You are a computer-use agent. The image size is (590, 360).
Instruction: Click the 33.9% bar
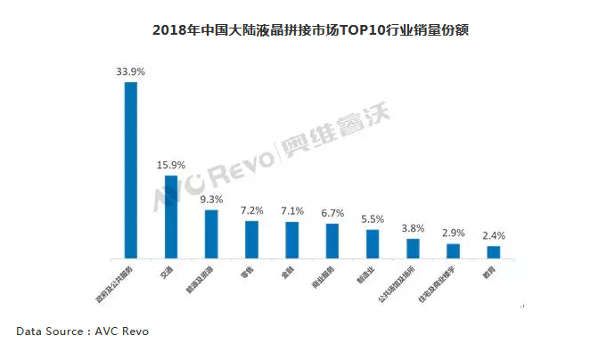(130, 169)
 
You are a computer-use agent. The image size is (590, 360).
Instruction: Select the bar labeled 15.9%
(171, 217)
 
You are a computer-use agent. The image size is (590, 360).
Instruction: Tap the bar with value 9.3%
(211, 233)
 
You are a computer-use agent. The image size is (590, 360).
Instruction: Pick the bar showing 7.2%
(252, 239)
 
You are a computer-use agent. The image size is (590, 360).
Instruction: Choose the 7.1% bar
(292, 240)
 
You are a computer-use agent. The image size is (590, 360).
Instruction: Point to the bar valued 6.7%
(332, 241)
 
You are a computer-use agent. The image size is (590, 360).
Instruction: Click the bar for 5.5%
(373, 243)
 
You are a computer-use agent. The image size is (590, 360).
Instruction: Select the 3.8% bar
(413, 248)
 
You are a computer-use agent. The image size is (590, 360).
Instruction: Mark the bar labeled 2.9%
(453, 250)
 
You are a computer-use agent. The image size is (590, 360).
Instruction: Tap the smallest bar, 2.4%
(493, 251)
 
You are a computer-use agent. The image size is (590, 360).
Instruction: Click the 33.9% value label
(131, 70)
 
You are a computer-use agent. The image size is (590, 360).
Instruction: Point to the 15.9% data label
(171, 165)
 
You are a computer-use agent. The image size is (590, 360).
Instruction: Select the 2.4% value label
(493, 236)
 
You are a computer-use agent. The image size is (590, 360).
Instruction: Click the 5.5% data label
(373, 219)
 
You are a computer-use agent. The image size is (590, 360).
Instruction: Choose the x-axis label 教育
(488, 270)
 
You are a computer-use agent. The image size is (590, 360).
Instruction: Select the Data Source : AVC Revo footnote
(82, 331)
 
